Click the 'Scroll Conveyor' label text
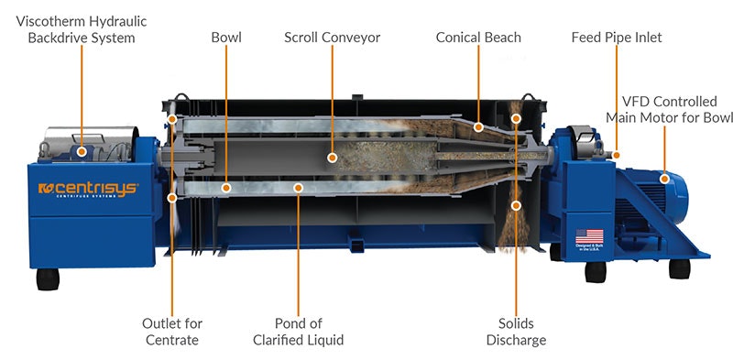point(332,38)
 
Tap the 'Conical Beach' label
point(477,38)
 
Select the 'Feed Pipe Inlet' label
point(616,38)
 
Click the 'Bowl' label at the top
point(225,38)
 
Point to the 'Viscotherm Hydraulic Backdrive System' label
point(81,29)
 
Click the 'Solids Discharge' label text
point(517,332)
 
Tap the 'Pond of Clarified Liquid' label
point(297,332)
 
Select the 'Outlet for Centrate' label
point(172,332)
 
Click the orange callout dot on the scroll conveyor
point(333,158)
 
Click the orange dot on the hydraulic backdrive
point(82,151)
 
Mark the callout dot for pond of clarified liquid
point(297,187)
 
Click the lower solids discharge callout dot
point(516,206)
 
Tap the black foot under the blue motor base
point(679,268)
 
